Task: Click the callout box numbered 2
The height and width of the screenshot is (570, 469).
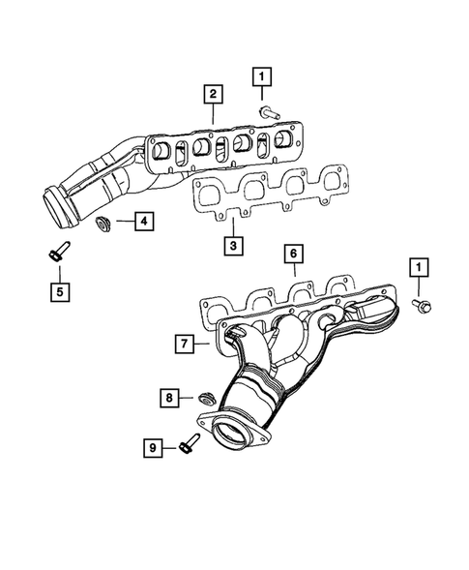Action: tap(210, 94)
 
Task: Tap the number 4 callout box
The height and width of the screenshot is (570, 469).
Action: tap(142, 224)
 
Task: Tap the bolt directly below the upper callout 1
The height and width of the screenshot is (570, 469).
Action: tap(268, 113)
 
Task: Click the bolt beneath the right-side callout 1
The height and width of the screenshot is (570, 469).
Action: tap(422, 306)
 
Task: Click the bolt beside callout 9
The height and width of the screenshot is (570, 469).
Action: tap(187, 446)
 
